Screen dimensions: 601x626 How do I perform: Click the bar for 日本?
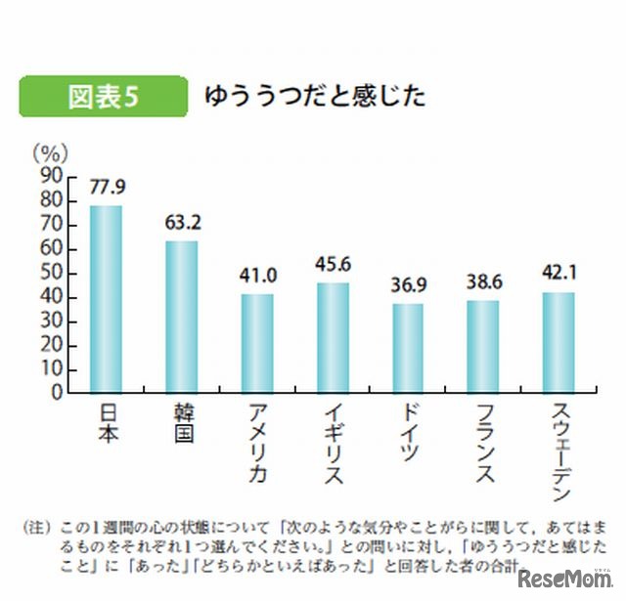pyautogui.click(x=106, y=299)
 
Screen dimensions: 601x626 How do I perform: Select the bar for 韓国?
pyautogui.click(x=181, y=317)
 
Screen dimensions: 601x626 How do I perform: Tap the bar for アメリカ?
pyautogui.click(x=257, y=343)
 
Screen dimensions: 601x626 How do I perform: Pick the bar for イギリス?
pyautogui.click(x=333, y=338)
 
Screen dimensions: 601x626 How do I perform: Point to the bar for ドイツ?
pyautogui.click(x=409, y=348)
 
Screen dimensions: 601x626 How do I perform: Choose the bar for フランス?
pyautogui.click(x=483, y=346)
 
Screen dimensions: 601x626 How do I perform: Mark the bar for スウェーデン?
pyautogui.click(x=559, y=342)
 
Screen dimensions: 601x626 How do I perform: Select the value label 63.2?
pyautogui.click(x=182, y=223)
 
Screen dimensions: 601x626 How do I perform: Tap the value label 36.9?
pyautogui.click(x=409, y=285)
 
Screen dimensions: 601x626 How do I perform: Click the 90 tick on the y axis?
pyautogui.click(x=52, y=177)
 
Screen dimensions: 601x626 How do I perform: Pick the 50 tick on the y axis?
pyautogui.click(x=52, y=273)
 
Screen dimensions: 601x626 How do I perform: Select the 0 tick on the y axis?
pyautogui.click(x=58, y=393)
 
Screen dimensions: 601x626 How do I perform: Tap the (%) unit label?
pyautogui.click(x=48, y=152)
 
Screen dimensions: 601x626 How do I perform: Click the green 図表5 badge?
pyautogui.click(x=103, y=97)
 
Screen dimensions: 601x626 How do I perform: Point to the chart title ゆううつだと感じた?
pyautogui.click(x=314, y=96)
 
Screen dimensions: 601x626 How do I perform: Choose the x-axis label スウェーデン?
pyautogui.click(x=559, y=451)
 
